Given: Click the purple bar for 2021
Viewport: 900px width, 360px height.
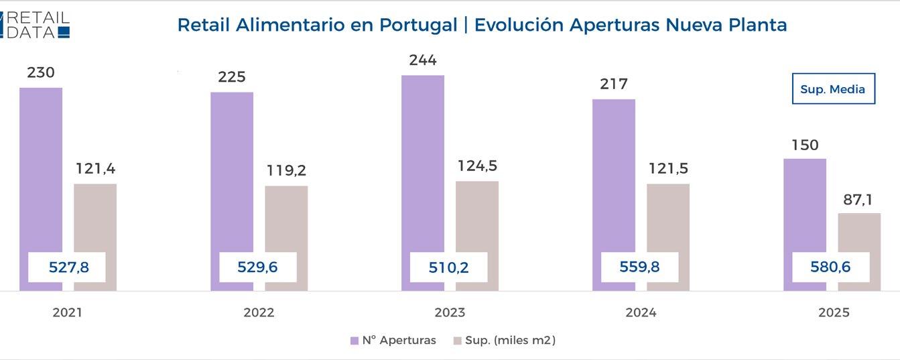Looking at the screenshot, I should (x=40, y=168).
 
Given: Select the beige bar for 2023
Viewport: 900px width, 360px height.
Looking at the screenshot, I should (x=477, y=215).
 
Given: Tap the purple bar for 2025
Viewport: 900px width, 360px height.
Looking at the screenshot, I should (x=804, y=201).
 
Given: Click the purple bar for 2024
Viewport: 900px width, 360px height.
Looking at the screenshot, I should (x=614, y=174).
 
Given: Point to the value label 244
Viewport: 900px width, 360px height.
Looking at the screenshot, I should (x=422, y=60).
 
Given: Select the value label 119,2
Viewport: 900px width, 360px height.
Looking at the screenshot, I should (x=286, y=170).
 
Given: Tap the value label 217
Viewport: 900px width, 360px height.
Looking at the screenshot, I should (x=614, y=84).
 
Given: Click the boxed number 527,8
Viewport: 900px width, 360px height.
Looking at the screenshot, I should (x=68, y=267).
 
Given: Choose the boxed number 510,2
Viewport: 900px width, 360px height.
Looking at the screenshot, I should (x=448, y=267).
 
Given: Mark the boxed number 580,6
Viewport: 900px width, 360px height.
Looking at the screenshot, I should (x=830, y=267).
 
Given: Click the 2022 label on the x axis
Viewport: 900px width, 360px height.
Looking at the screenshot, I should (x=258, y=313).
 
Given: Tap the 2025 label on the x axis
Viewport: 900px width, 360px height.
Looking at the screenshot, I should (x=833, y=313).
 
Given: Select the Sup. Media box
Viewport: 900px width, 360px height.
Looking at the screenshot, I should (x=833, y=89).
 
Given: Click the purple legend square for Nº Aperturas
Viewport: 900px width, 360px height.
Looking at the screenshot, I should (x=355, y=341).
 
